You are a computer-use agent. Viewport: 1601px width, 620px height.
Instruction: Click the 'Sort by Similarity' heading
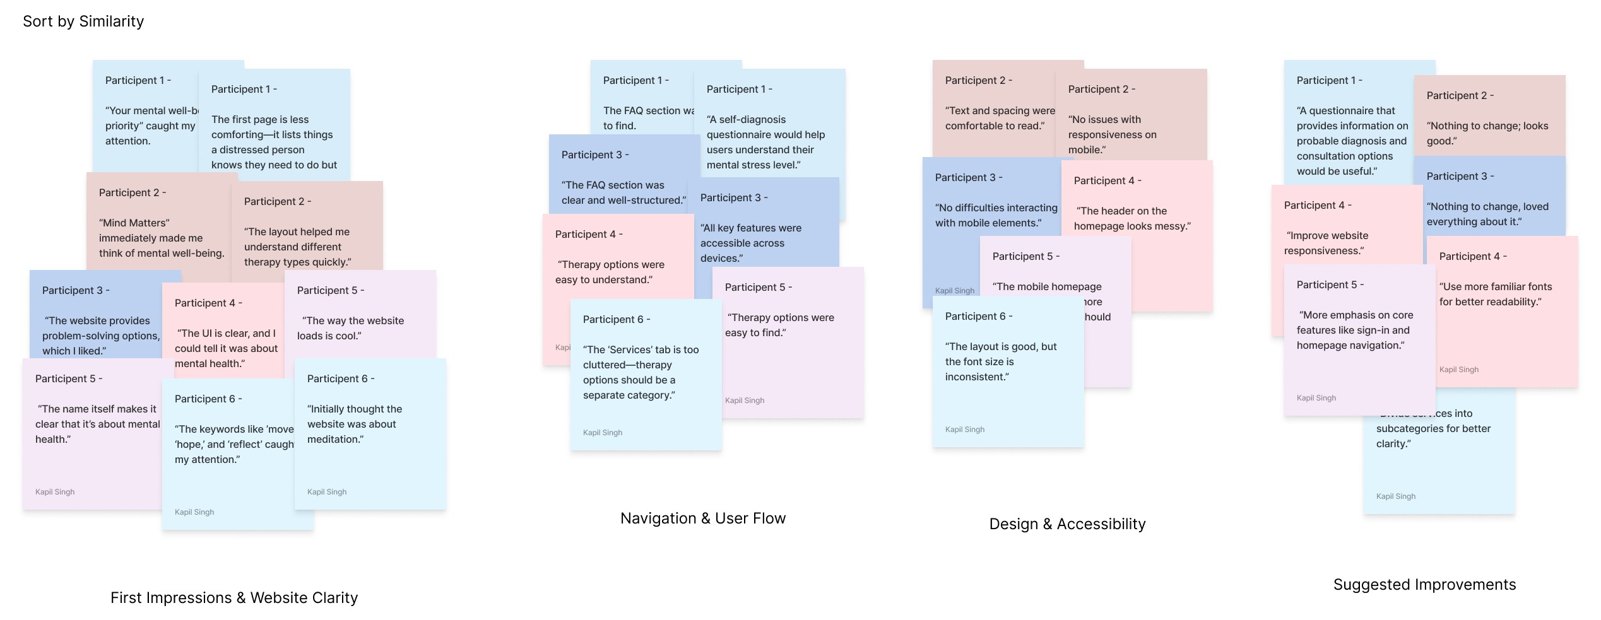pyautogui.click(x=83, y=21)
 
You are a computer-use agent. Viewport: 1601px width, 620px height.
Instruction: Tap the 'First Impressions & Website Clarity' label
pyautogui.click(x=234, y=597)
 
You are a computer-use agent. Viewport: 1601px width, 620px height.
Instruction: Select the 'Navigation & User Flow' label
pyautogui.click(x=703, y=518)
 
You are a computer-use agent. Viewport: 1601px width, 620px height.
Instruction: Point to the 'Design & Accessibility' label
pyautogui.click(x=1067, y=524)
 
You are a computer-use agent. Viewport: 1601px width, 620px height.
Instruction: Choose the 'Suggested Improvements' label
pyautogui.click(x=1424, y=585)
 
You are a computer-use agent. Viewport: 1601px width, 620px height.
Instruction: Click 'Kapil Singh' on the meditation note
pyautogui.click(x=327, y=492)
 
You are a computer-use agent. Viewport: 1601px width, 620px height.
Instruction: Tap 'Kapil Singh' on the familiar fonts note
pyautogui.click(x=1458, y=370)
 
